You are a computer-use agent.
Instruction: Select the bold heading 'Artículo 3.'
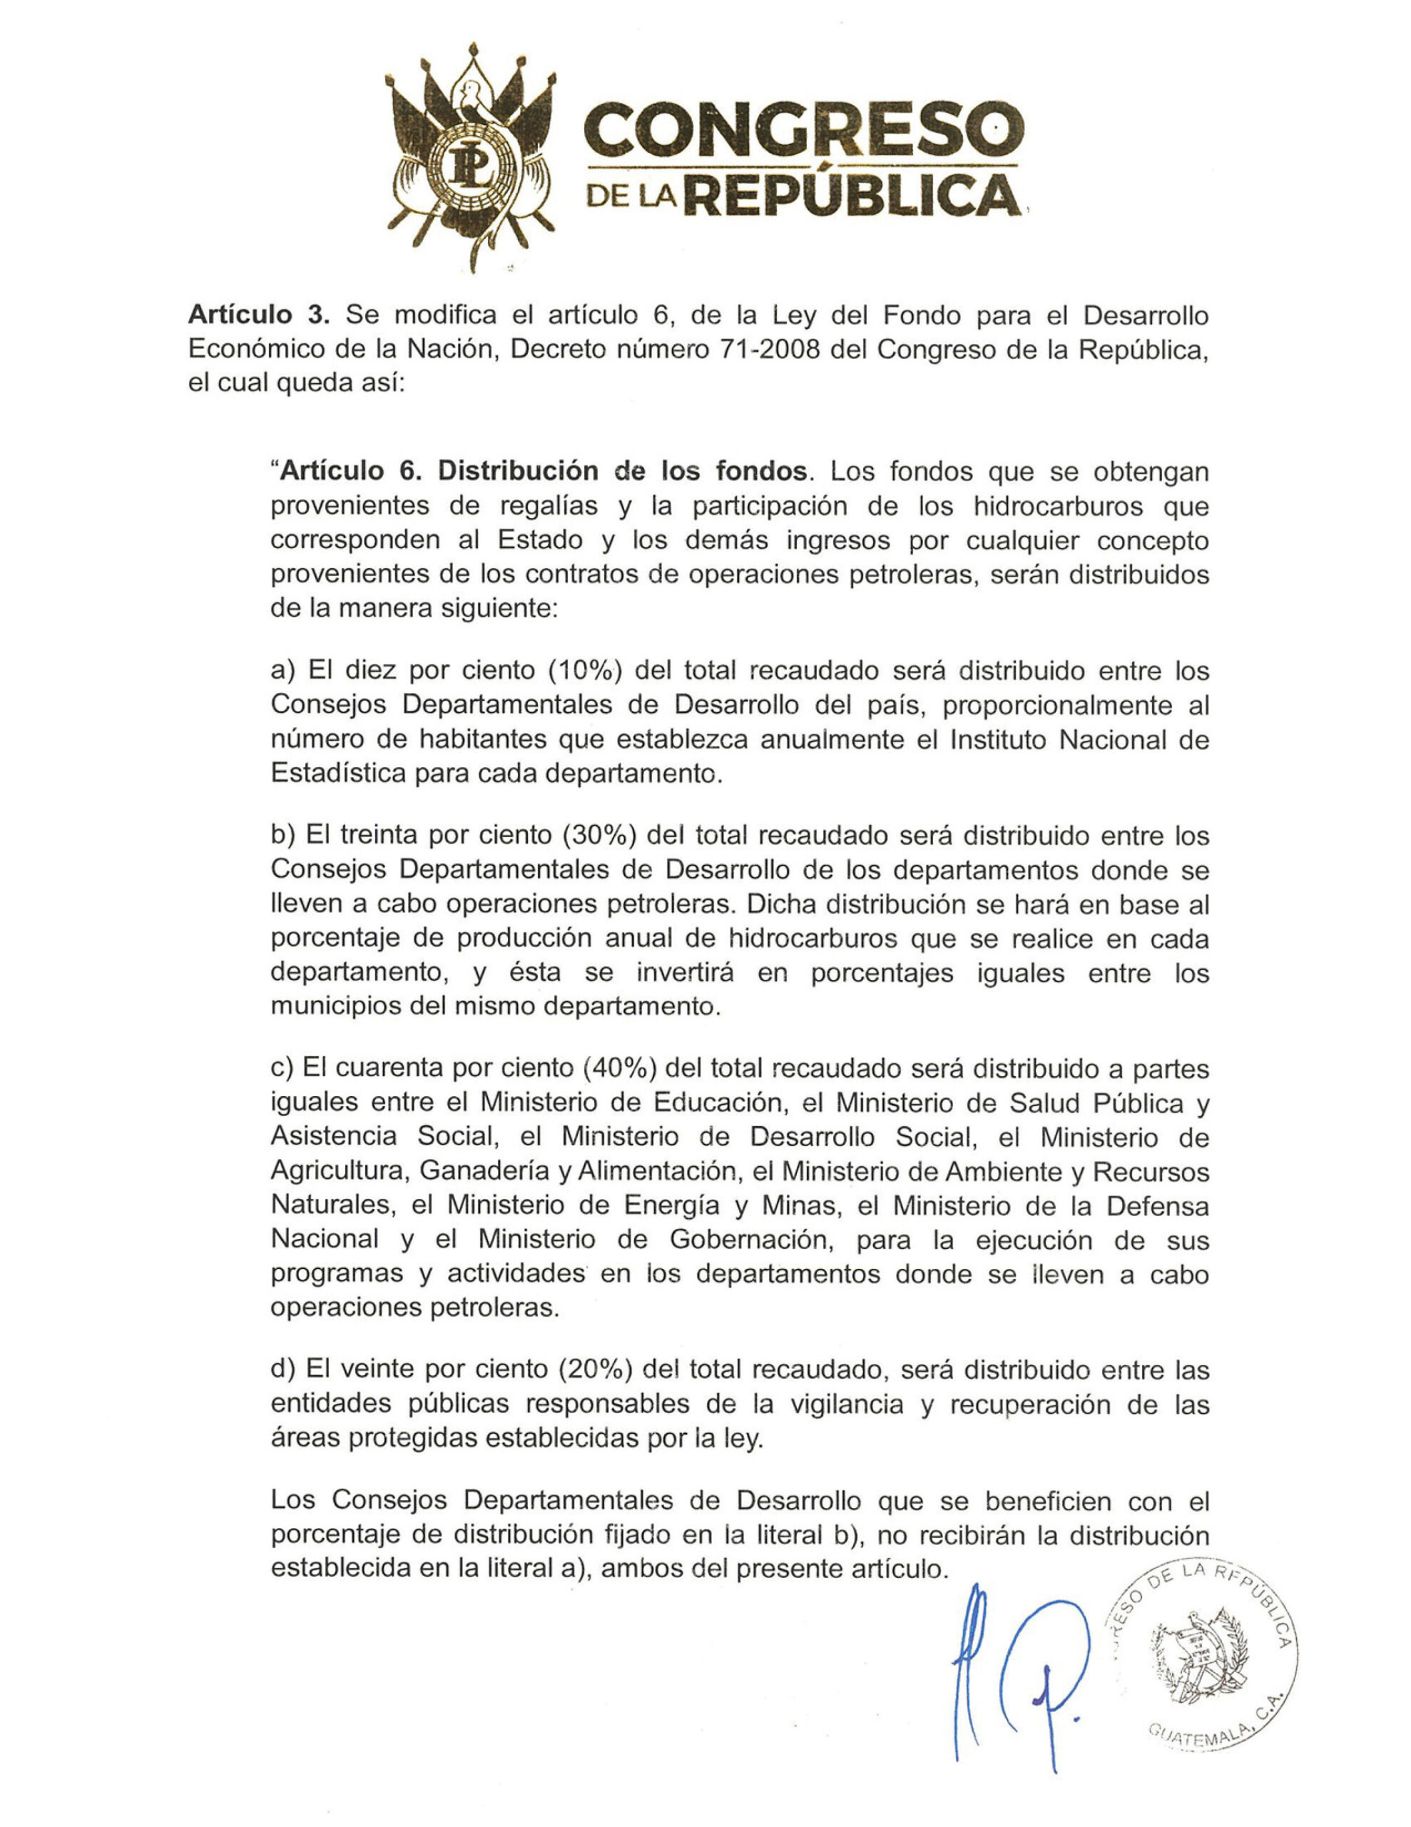tap(259, 315)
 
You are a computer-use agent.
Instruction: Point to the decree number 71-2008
tap(770, 350)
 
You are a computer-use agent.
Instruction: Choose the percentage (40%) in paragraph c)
tap(619, 1069)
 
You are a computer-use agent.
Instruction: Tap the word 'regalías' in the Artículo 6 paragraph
tap(548, 506)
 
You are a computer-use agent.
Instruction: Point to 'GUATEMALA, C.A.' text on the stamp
tap(1208, 1731)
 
